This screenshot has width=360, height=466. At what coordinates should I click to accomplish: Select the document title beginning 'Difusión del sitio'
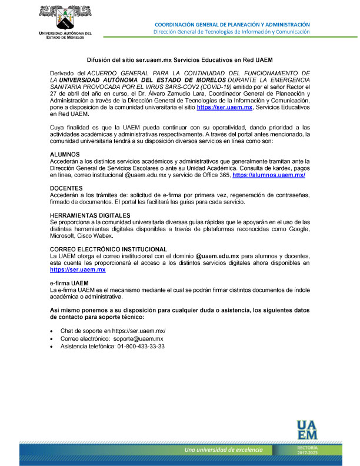point(179,60)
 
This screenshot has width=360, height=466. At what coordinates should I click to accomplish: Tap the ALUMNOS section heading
point(65,154)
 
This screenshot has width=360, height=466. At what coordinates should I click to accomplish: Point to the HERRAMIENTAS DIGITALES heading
point(90,215)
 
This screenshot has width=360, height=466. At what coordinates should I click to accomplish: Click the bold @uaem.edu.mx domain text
point(216,257)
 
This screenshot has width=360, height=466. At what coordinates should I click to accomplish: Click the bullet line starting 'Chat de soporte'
point(112,331)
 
